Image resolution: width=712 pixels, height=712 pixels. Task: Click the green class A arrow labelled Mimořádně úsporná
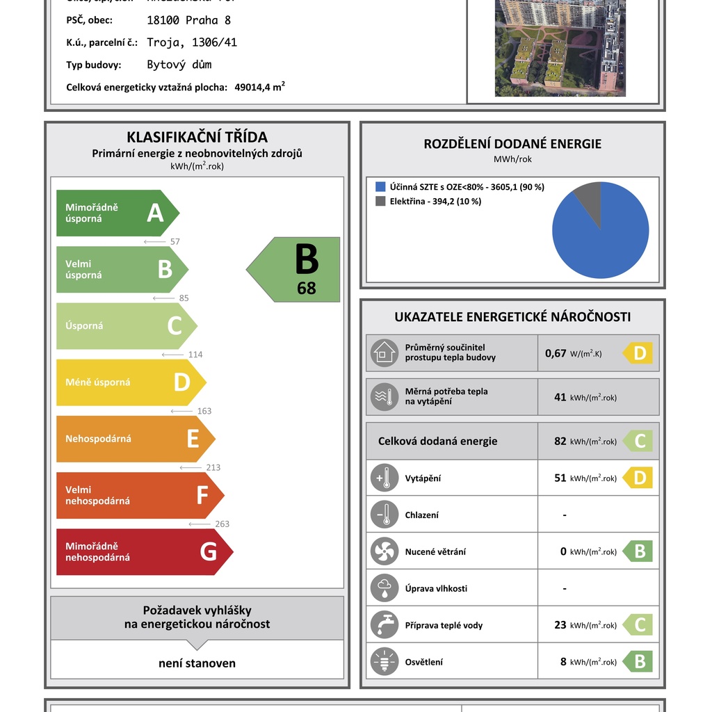tap(115, 213)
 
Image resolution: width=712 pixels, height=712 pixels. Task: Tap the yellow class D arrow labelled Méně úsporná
tap(128, 382)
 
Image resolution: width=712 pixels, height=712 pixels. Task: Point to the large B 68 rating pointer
tap(296, 270)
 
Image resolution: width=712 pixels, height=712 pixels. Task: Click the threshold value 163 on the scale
tap(204, 411)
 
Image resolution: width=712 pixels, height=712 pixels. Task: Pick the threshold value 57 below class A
tap(175, 242)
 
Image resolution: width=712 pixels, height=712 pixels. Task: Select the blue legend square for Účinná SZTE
tap(380, 187)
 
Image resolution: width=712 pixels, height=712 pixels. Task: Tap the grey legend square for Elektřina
tap(380, 201)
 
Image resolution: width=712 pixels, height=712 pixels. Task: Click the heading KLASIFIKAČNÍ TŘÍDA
tap(197, 137)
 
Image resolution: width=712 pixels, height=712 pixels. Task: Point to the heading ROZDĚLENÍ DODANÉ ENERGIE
tap(512, 144)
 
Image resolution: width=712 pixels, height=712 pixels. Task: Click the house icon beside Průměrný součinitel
tap(384, 353)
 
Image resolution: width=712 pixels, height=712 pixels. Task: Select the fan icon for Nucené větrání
tap(384, 552)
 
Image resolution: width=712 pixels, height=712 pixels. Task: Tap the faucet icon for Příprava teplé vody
tap(384, 625)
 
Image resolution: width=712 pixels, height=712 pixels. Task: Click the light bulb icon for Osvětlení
tap(384, 662)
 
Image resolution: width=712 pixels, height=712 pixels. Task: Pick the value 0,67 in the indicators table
tap(556, 353)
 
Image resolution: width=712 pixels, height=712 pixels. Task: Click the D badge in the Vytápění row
tap(638, 478)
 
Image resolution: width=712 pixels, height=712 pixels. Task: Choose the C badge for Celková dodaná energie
tap(638, 442)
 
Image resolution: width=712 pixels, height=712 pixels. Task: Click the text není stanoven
tap(197, 663)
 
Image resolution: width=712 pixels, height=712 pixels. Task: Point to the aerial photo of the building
tap(560, 48)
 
